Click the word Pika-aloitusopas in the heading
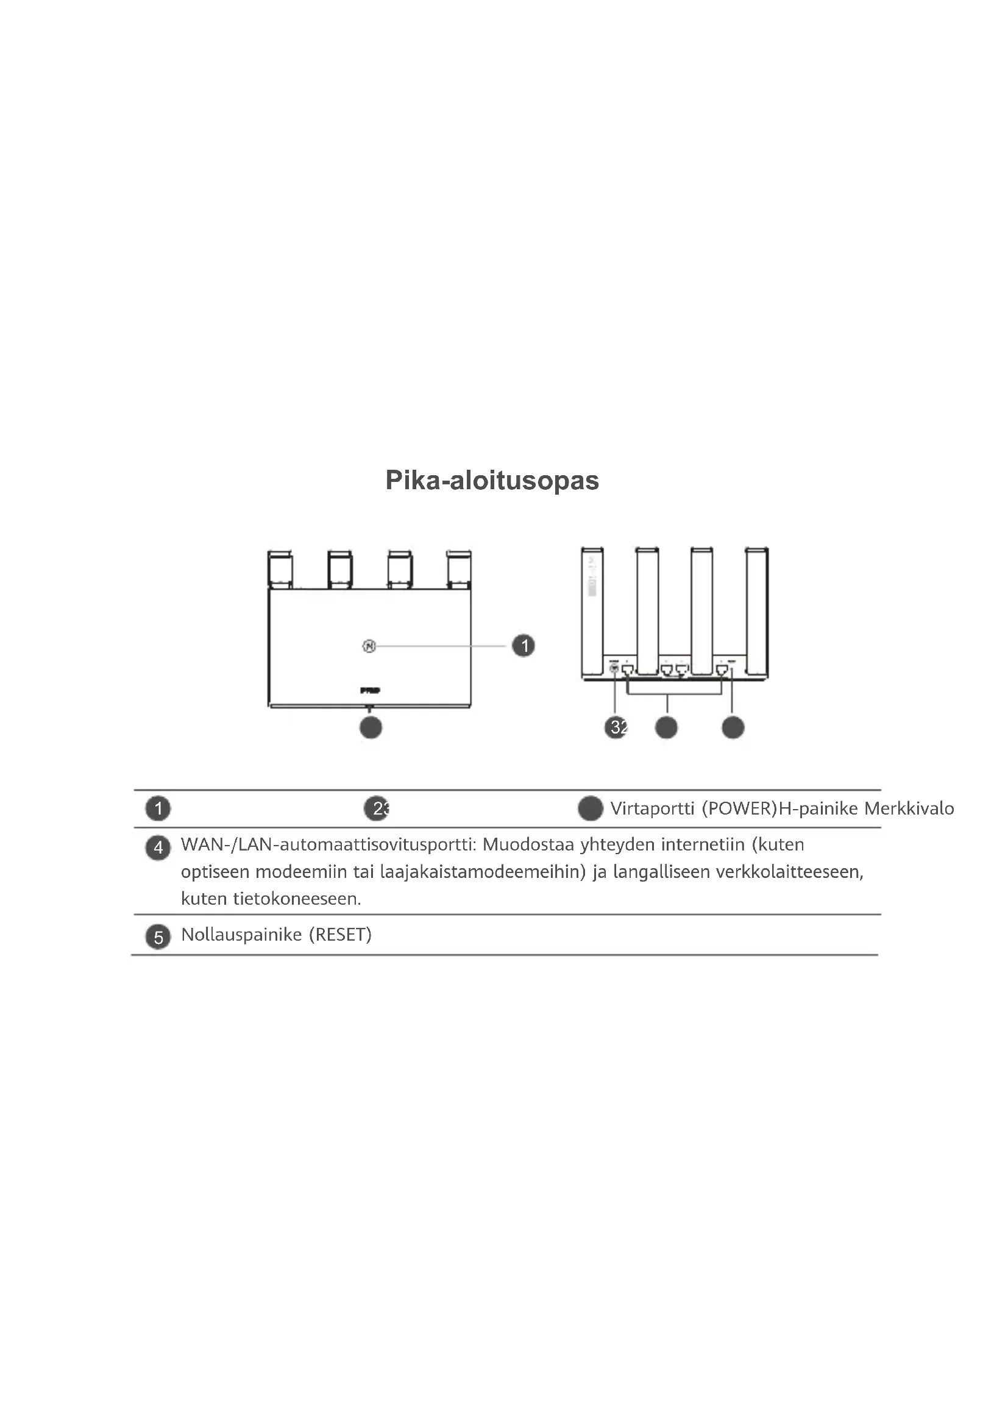click(492, 480)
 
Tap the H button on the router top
click(369, 646)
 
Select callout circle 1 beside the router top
click(524, 645)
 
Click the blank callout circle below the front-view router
click(371, 727)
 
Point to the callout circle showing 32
click(616, 727)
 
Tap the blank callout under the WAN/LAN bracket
click(667, 727)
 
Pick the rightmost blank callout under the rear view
click(733, 727)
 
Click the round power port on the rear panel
click(614, 668)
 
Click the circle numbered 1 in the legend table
click(158, 808)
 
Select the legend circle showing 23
click(377, 808)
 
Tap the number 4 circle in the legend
click(158, 848)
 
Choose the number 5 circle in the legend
click(158, 937)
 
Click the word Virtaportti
click(652, 808)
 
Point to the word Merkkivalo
click(909, 808)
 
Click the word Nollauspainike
click(241, 935)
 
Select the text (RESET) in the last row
click(340, 935)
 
